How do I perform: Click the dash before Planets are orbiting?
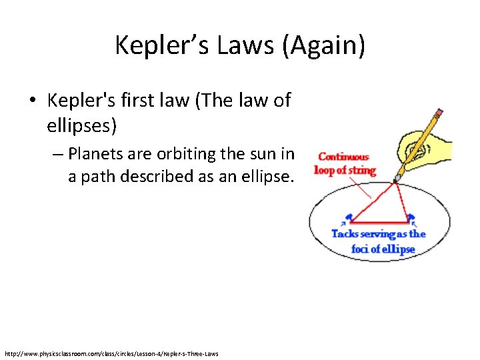pyautogui.click(x=57, y=154)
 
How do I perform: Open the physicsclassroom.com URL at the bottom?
pyautogui.click(x=111, y=353)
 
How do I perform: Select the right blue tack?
pyautogui.click(x=411, y=218)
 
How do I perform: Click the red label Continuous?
pyautogui.click(x=343, y=157)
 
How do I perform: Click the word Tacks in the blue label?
pyautogui.click(x=346, y=234)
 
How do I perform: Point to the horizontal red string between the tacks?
pyautogui.click(x=379, y=222)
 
